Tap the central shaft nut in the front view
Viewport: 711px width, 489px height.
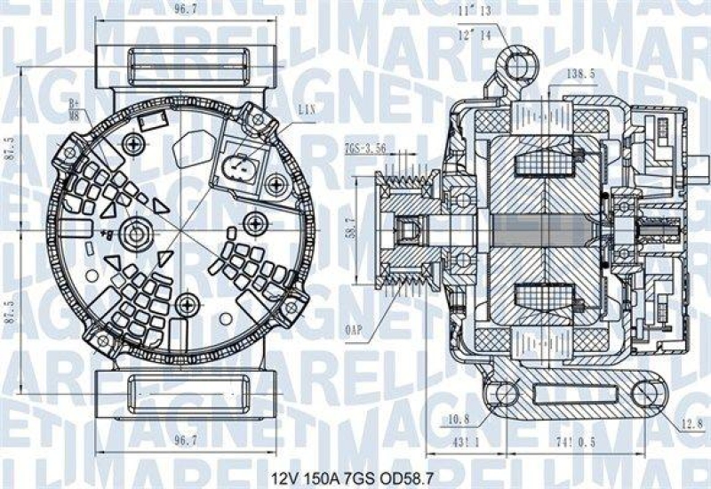[135, 234]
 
